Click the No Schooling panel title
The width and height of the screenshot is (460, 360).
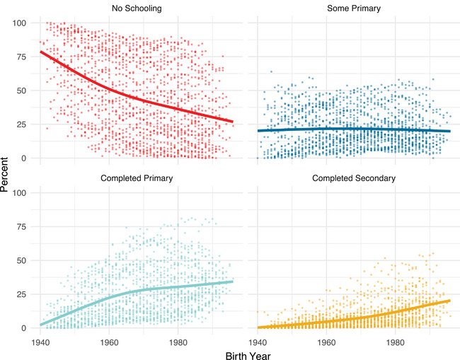click(137, 8)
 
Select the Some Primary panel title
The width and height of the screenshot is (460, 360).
click(354, 8)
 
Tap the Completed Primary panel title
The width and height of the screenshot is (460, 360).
click(137, 178)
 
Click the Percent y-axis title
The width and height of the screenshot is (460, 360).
click(4, 175)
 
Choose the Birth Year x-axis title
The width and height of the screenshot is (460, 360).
click(248, 356)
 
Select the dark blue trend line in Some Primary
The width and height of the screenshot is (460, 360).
click(354, 129)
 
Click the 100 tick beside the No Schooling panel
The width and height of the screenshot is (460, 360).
click(19, 23)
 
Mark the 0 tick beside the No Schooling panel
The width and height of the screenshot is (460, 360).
click(24, 158)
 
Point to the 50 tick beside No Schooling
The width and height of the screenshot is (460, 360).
click(22, 91)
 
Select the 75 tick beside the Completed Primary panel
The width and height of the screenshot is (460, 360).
click(22, 226)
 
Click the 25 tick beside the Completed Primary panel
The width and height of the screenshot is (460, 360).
click(22, 294)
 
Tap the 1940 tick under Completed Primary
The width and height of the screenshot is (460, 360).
click(40, 342)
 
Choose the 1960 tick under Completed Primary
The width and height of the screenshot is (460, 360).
click(109, 342)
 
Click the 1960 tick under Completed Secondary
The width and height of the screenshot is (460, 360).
click(326, 342)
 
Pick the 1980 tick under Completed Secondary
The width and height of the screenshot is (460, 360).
click(395, 342)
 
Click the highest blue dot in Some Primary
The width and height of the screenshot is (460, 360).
click(271, 71)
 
